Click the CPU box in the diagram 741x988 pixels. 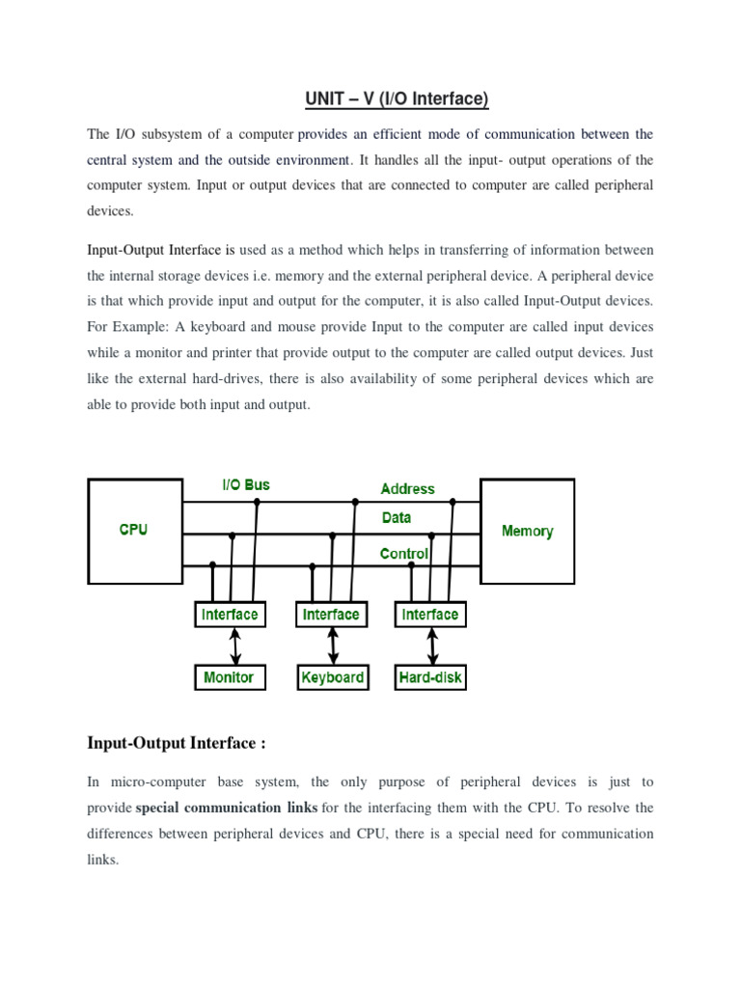coord(133,531)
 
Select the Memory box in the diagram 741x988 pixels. coord(527,531)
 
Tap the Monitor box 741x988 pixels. coord(229,677)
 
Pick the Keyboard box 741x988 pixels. coord(332,677)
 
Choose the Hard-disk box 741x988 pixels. coord(430,677)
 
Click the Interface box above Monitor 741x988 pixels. coord(229,615)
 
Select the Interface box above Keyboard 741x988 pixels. coord(331,615)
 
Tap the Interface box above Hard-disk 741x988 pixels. coord(429,615)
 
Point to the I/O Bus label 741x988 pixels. coord(246,484)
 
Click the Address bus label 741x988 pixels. coord(407,489)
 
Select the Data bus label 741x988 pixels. coord(397,518)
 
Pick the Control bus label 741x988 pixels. coord(404,554)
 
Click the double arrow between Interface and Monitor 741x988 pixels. coord(233,645)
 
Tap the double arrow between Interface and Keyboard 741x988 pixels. coord(334,645)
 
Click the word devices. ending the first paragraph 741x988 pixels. coord(111,209)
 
